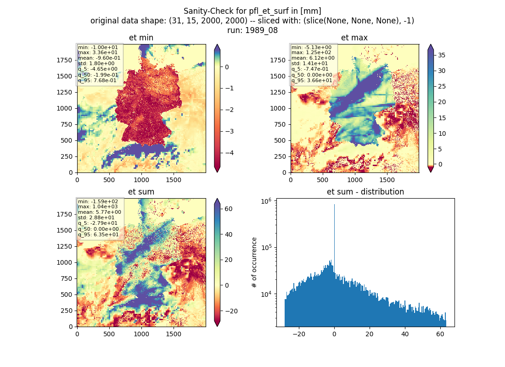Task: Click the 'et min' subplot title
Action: [x=141, y=38]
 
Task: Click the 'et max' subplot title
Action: [x=354, y=38]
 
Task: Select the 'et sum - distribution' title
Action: [x=365, y=192]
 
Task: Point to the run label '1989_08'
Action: [x=261, y=30]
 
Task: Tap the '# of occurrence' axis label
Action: [x=254, y=263]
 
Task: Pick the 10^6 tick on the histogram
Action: [x=266, y=201]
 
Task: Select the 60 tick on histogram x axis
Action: [x=440, y=334]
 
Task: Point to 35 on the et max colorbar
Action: [x=442, y=56]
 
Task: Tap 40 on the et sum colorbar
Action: [x=228, y=234]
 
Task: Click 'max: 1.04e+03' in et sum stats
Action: [x=98, y=207]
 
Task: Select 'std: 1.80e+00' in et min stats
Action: [x=96, y=63]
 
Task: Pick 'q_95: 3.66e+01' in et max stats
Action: [x=312, y=80]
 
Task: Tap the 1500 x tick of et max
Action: [x=387, y=180]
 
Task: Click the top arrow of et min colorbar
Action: [x=218, y=47]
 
